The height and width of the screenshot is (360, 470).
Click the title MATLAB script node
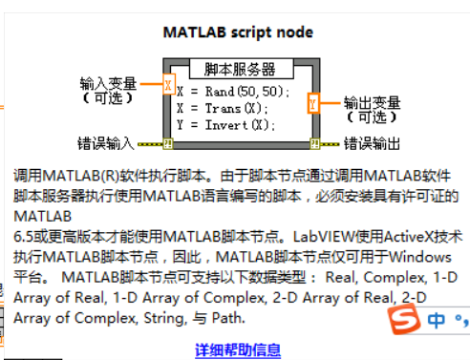point(238,32)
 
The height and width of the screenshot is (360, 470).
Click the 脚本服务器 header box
point(240,70)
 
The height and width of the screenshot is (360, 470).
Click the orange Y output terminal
point(313,102)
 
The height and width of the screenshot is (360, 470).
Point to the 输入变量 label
point(108,84)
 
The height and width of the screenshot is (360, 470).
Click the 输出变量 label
point(372,102)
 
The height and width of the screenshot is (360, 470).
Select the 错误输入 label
point(106,144)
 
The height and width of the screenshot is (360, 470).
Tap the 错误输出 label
point(372,144)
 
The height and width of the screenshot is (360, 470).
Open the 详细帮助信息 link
point(238,349)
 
